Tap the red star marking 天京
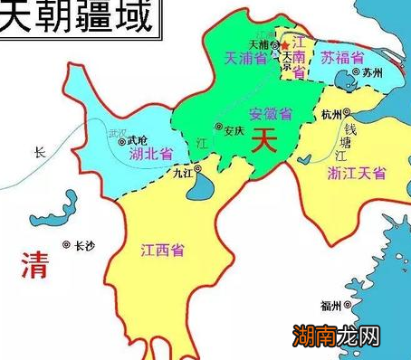[x=286, y=44]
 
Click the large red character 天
[x=262, y=140]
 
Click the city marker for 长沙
[x=66, y=245]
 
